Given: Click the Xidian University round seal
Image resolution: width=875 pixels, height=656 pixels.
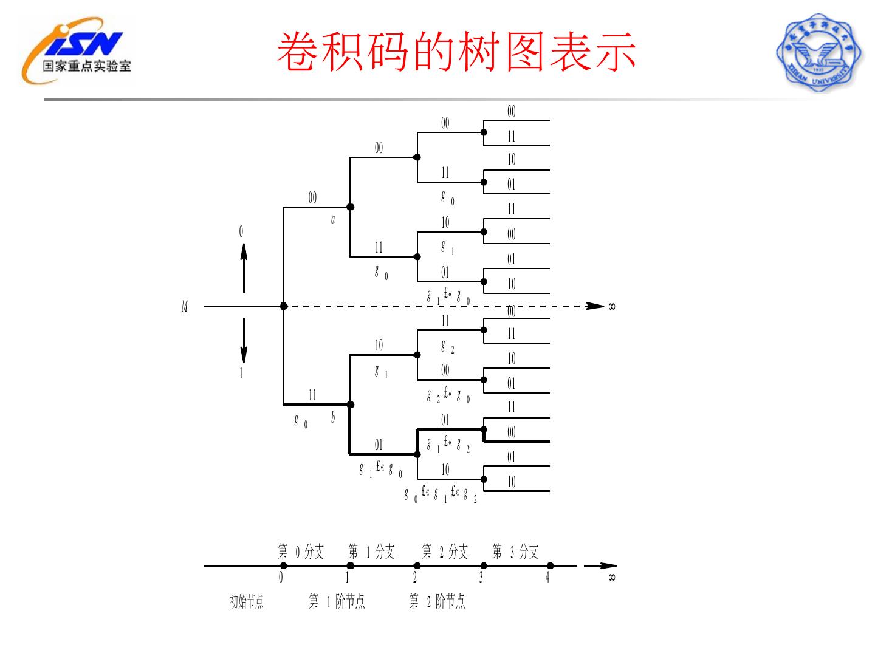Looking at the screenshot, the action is click(818, 53).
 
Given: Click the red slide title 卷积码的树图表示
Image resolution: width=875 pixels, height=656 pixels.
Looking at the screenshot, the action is click(456, 52).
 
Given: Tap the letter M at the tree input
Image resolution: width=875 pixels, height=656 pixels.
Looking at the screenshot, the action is click(185, 307).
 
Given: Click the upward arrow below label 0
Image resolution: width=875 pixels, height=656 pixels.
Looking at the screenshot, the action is click(244, 267).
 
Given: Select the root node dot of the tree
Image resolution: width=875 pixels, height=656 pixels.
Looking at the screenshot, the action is click(284, 306).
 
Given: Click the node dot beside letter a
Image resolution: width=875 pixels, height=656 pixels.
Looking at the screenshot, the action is click(350, 207).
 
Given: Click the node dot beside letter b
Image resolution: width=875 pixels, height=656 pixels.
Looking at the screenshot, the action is click(350, 405).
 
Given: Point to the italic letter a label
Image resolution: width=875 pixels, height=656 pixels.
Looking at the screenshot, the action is click(333, 220).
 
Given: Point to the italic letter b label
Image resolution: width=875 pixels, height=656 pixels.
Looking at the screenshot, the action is click(333, 418).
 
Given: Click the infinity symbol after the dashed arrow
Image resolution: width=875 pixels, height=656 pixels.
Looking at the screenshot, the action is click(612, 306).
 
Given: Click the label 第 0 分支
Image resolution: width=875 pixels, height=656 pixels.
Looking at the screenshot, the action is click(301, 552).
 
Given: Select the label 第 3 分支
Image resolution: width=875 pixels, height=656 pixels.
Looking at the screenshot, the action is click(515, 552).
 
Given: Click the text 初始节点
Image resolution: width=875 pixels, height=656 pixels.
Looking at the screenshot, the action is click(247, 602).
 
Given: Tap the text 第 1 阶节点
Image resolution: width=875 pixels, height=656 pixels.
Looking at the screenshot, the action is click(337, 602).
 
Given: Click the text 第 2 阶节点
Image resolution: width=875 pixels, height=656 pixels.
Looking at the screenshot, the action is click(437, 602).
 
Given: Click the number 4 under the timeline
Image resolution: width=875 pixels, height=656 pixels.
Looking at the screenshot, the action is click(547, 578).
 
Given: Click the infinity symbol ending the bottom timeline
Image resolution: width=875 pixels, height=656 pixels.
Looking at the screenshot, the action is click(612, 577).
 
